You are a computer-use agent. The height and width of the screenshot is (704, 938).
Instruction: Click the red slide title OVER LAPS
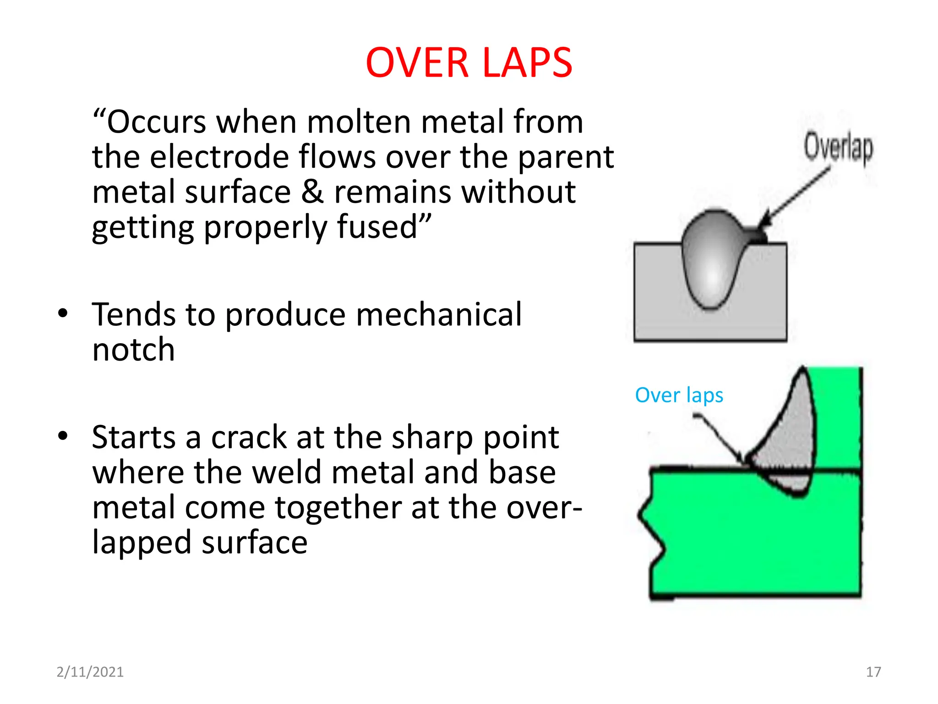469,63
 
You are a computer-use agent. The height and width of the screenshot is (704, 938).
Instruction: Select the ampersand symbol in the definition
312,192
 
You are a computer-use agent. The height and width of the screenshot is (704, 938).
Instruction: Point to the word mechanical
438,315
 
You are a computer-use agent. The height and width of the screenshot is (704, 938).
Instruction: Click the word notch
133,350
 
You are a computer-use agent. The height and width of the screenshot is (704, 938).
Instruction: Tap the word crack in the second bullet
250,437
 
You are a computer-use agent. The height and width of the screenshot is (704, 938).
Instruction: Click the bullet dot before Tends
63,314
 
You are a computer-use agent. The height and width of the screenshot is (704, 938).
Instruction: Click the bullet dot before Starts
63,436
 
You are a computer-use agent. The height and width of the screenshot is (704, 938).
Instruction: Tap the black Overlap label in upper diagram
838,147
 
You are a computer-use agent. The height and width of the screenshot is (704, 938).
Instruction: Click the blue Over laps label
679,395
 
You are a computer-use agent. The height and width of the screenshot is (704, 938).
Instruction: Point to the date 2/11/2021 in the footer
90,672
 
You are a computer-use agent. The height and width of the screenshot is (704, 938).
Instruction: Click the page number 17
873,672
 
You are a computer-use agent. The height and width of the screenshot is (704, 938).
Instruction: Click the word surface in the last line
254,543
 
